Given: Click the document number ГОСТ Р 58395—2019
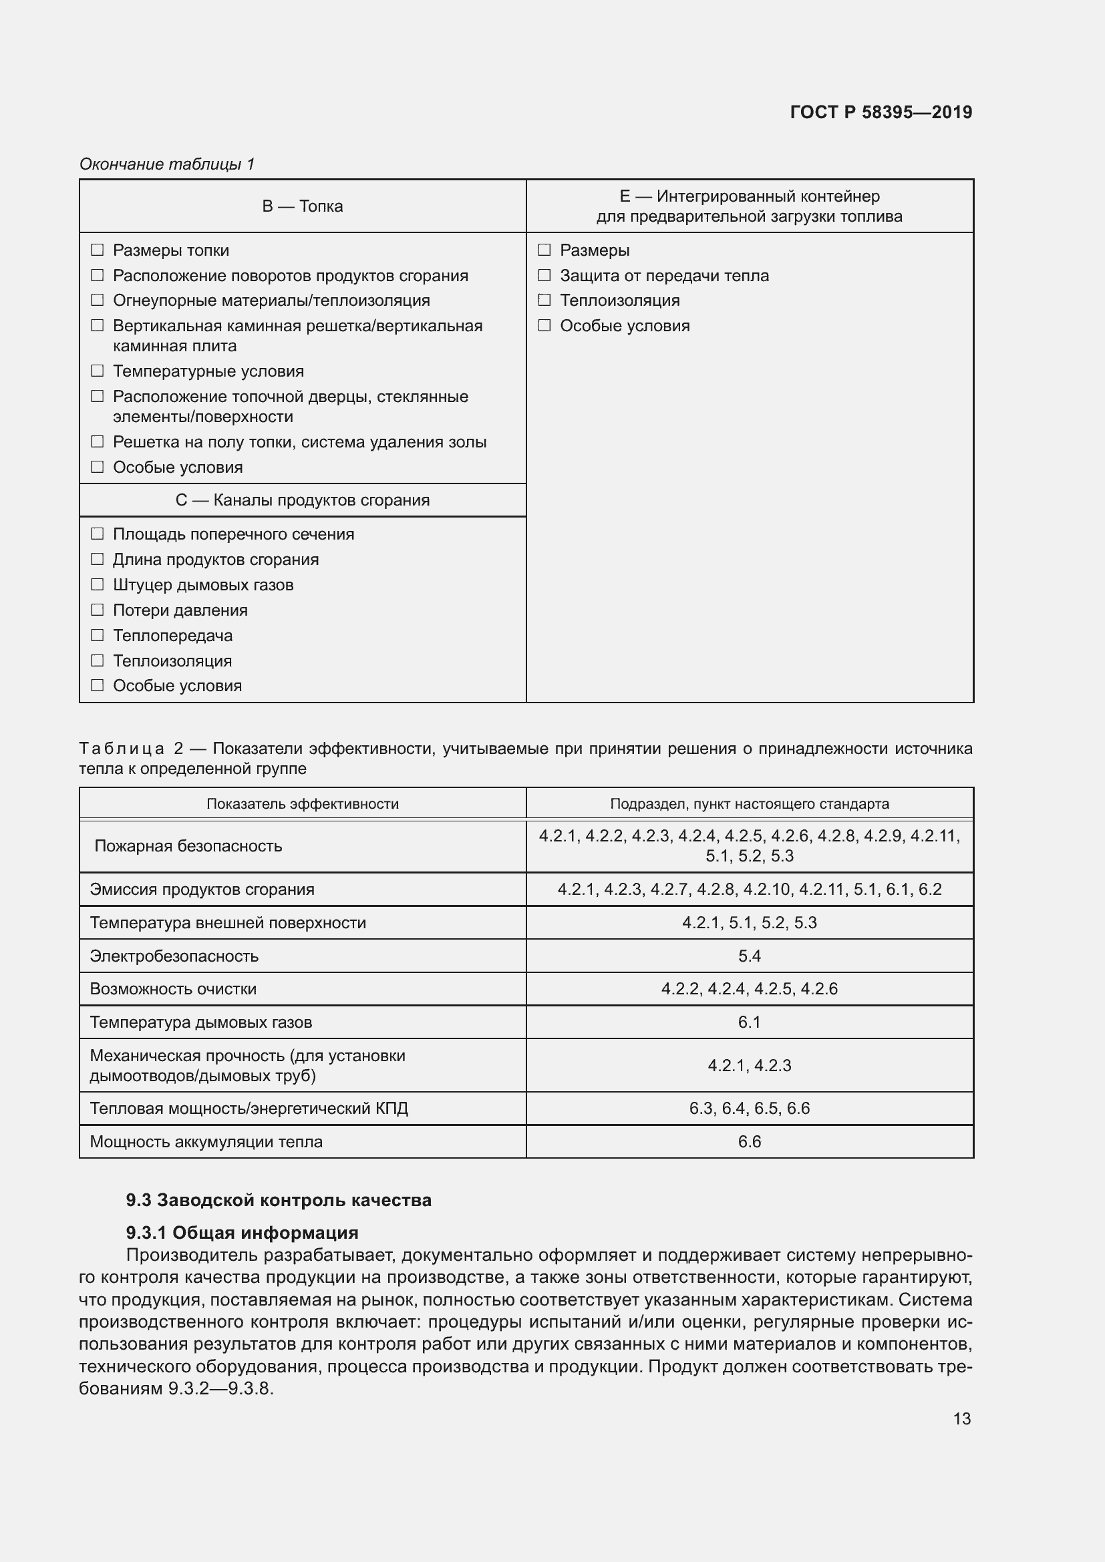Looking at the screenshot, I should pyautogui.click(x=881, y=112).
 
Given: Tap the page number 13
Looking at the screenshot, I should pyautogui.click(x=961, y=1418).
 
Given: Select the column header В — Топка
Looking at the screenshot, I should pyautogui.click(x=302, y=206).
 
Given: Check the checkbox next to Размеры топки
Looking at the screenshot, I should pyautogui.click(x=98, y=250).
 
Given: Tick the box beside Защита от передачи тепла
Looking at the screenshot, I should pyautogui.click(x=544, y=276).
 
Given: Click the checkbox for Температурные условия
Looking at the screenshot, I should pyautogui.click(x=98, y=371).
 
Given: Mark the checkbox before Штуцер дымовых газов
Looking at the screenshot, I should pyautogui.click(x=98, y=584).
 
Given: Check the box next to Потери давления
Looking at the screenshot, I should pyautogui.click(x=98, y=610).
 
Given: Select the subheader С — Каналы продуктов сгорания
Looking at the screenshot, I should pyautogui.click(x=302, y=500).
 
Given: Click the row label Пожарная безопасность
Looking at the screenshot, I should pyautogui.click(x=188, y=845).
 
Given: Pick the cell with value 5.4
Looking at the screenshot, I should pyautogui.click(x=749, y=956).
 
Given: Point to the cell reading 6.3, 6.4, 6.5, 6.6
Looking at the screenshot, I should pyautogui.click(x=749, y=1109).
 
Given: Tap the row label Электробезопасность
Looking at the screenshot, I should pyautogui.click(x=174, y=956).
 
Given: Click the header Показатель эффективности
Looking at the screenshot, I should pyautogui.click(x=302, y=803).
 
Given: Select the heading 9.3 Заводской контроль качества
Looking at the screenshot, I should pyautogui.click(x=279, y=1199).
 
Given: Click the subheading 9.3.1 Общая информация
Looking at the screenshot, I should pyautogui.click(x=242, y=1232).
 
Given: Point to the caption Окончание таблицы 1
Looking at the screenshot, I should pyautogui.click(x=167, y=164).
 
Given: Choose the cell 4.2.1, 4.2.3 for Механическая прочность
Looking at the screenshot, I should pyautogui.click(x=749, y=1065).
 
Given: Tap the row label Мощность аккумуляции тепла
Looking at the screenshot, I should pyautogui.click(x=206, y=1141).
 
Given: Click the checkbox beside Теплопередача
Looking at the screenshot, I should pyautogui.click(x=98, y=634).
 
